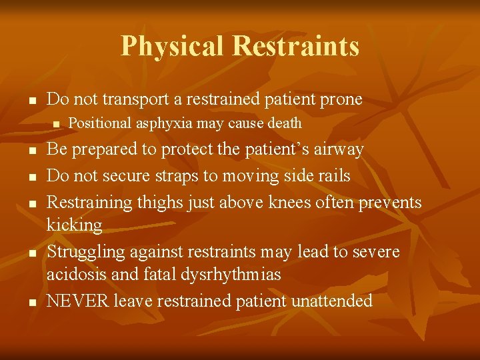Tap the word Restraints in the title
tap(295, 46)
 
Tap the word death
tap(284, 123)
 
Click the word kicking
tap(74, 225)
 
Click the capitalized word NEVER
tap(77, 301)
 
